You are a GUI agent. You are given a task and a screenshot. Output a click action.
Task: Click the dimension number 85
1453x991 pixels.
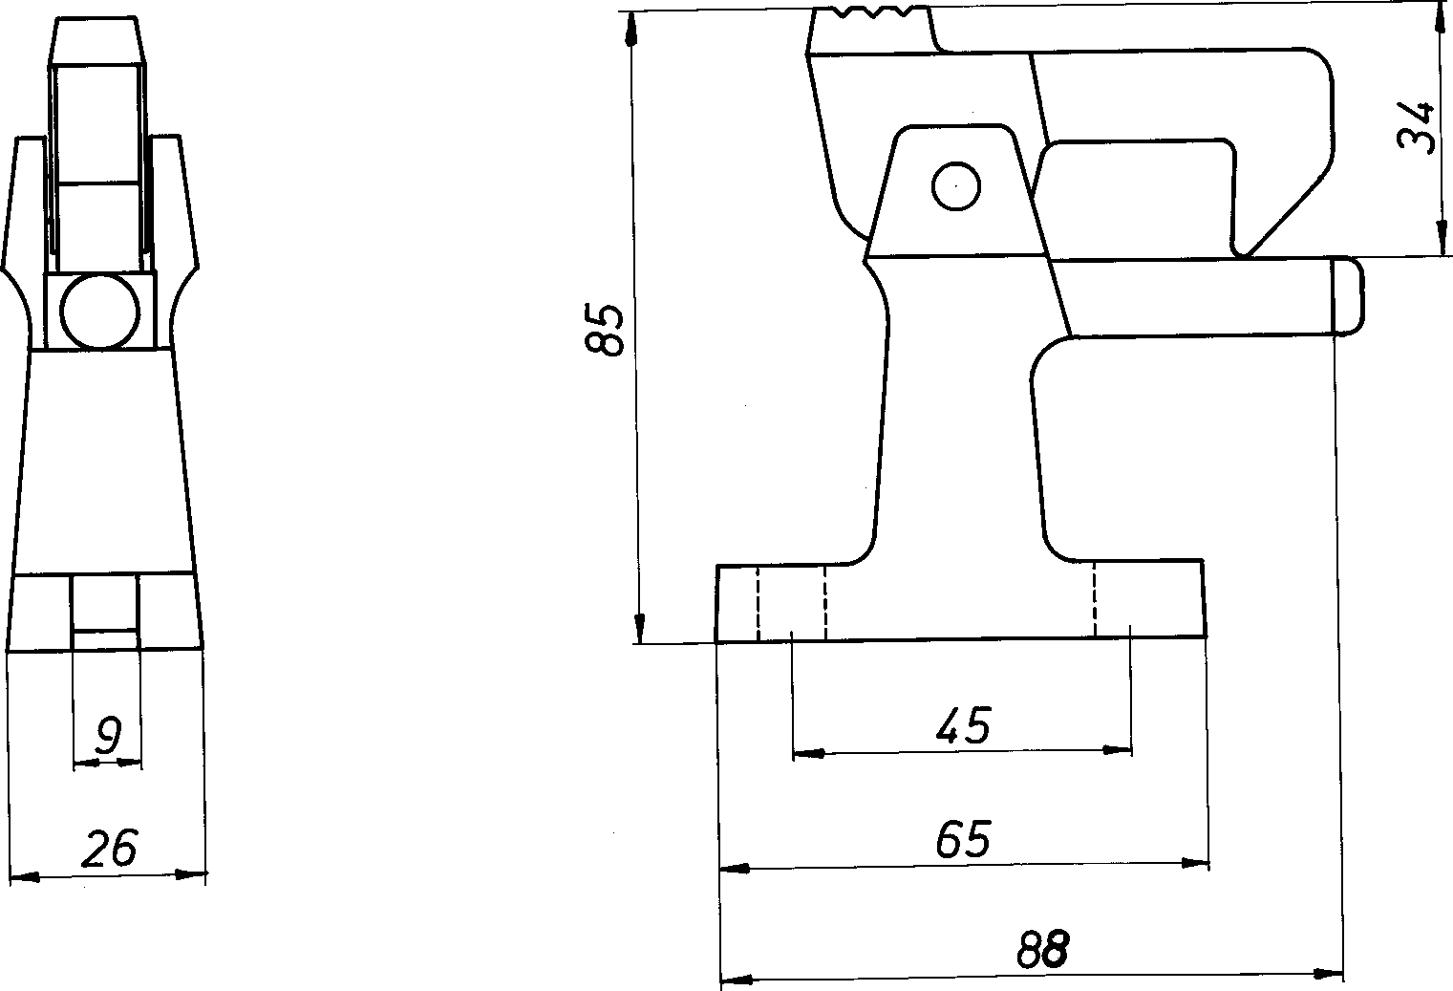[x=604, y=329]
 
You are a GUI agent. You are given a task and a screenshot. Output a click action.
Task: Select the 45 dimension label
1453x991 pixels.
[x=963, y=725]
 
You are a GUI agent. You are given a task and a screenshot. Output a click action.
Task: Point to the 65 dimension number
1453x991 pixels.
[x=963, y=839]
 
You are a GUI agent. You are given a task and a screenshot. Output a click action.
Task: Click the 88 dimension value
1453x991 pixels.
[x=1042, y=949]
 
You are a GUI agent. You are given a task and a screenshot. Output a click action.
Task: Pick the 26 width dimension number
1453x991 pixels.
[x=109, y=848]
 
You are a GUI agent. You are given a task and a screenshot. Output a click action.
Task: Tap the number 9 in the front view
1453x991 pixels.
[x=108, y=735]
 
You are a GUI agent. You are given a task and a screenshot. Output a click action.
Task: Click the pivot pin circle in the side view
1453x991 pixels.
[x=955, y=186]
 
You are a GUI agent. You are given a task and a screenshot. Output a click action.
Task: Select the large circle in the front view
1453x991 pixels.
[x=100, y=312]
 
